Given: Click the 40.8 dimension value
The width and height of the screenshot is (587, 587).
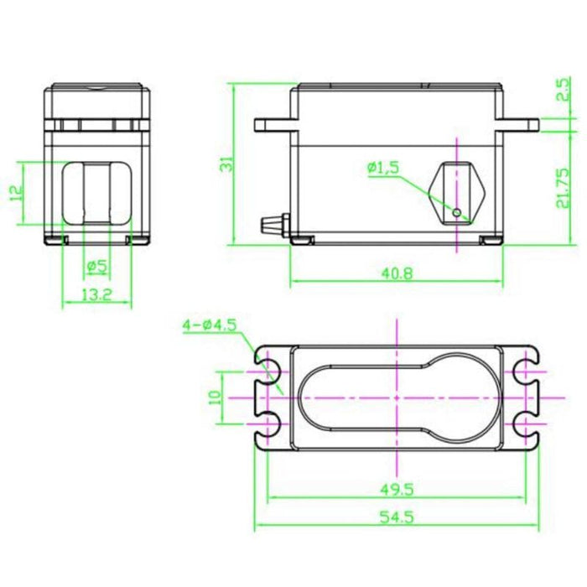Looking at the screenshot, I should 397,273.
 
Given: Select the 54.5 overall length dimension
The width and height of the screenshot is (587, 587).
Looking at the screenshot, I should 397,517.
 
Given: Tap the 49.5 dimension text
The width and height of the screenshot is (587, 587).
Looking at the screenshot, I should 397,487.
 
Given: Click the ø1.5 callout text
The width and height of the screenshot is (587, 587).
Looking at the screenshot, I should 382,169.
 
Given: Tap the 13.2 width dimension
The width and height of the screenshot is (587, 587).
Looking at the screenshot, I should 97,294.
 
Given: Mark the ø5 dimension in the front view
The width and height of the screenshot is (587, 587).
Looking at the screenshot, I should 96,267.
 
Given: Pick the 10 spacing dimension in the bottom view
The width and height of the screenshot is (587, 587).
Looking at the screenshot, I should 215,397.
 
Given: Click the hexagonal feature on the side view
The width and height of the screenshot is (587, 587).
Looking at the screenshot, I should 455,190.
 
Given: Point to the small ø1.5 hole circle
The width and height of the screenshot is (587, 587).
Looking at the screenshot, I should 456,213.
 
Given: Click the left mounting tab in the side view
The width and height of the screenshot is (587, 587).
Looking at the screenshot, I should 272,126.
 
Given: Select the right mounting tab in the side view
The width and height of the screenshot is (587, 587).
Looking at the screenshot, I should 518,125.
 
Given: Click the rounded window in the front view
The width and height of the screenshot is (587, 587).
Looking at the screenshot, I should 96,192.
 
